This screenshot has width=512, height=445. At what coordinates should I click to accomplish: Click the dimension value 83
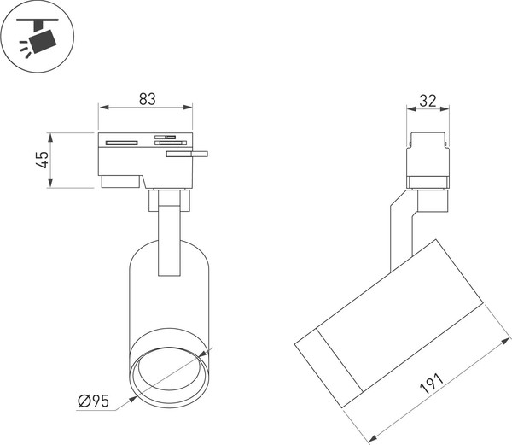coord(148,99)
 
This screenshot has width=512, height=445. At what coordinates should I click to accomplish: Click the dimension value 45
coord(43,160)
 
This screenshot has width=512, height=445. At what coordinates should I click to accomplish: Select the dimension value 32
coord(428,101)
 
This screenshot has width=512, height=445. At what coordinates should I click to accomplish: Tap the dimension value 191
coord(432,383)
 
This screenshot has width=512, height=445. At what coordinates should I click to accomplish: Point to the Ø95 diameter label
coord(93,401)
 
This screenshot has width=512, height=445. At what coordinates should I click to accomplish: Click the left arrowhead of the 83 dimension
coord(104,107)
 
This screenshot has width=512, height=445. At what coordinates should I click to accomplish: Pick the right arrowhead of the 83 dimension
coord(188,107)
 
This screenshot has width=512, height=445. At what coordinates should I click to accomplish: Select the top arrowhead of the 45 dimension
coord(50,138)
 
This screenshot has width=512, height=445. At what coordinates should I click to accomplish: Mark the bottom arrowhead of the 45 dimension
coord(50,183)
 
